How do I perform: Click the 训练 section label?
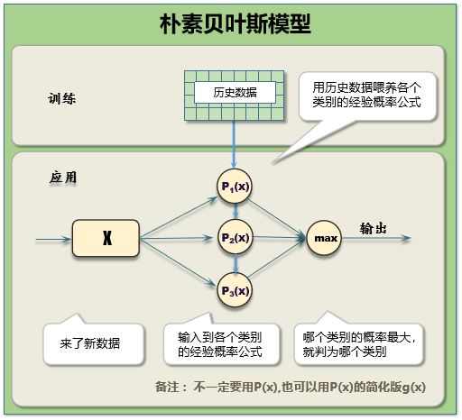click(62, 97)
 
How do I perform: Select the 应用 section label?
click(62, 178)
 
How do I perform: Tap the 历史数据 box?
click(234, 93)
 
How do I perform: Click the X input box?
click(106, 239)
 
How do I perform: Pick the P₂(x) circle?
click(236, 239)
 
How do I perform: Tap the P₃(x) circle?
click(236, 291)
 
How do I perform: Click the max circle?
click(326, 239)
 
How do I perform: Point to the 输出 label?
click(374, 228)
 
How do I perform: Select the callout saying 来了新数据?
click(90, 343)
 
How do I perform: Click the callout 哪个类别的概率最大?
click(358, 343)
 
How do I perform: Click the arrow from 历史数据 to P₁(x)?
click(236, 144)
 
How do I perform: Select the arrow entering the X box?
click(54, 240)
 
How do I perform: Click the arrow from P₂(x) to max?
click(280, 239)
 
